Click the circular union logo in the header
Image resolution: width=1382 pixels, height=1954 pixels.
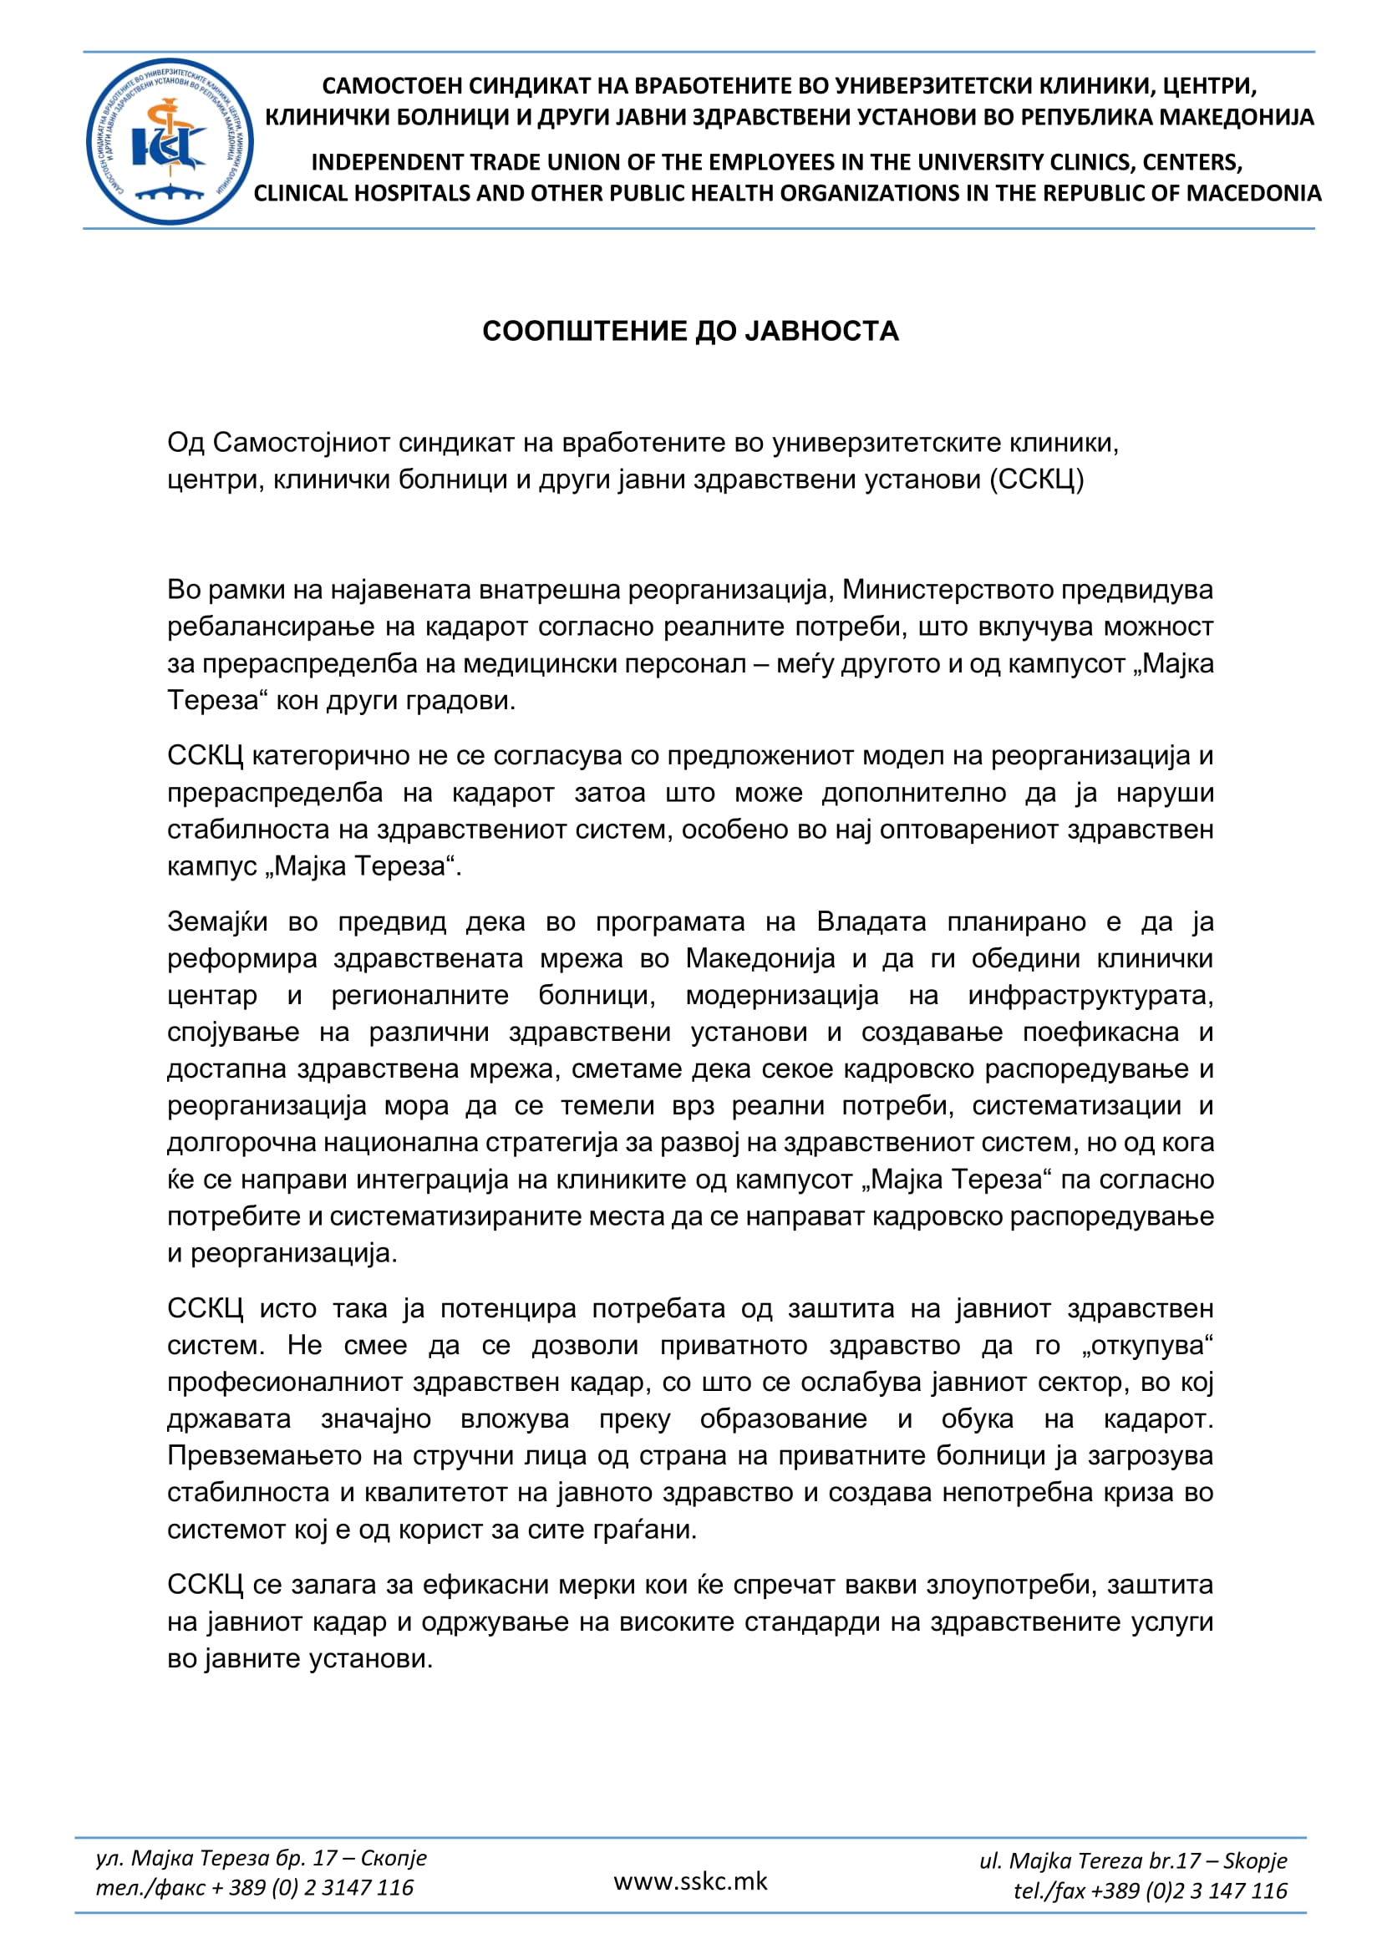coord(170,141)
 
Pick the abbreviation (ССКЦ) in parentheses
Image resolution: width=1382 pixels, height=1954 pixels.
coord(1036,480)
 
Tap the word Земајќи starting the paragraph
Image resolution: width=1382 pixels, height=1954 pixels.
coord(218,921)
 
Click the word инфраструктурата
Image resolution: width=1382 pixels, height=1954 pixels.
coord(1090,995)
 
